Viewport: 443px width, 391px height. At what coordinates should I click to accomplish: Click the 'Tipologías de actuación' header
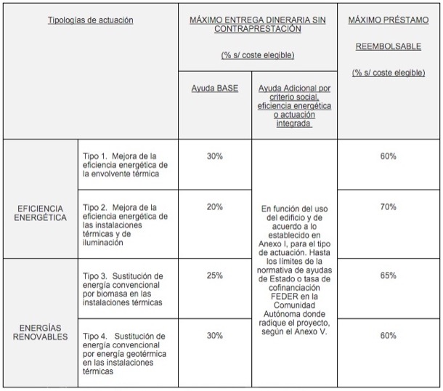[90, 20]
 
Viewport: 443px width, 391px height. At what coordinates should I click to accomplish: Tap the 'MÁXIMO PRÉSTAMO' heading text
[388, 20]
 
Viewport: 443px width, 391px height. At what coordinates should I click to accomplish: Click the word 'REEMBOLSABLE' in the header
[388, 47]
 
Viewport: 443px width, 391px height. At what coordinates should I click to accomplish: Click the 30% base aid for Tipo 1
[214, 156]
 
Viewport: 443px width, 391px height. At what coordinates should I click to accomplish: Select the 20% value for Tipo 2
[214, 207]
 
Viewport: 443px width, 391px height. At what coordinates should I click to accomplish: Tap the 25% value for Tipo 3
[214, 275]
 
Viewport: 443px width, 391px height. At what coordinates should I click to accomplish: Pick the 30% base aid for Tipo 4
[214, 335]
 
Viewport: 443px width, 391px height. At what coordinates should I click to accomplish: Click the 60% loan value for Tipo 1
[388, 156]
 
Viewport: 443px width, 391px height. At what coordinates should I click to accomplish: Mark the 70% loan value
[388, 207]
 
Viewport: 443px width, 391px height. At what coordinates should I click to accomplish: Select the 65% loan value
[388, 275]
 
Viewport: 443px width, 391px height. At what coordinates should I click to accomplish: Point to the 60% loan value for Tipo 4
[388, 335]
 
